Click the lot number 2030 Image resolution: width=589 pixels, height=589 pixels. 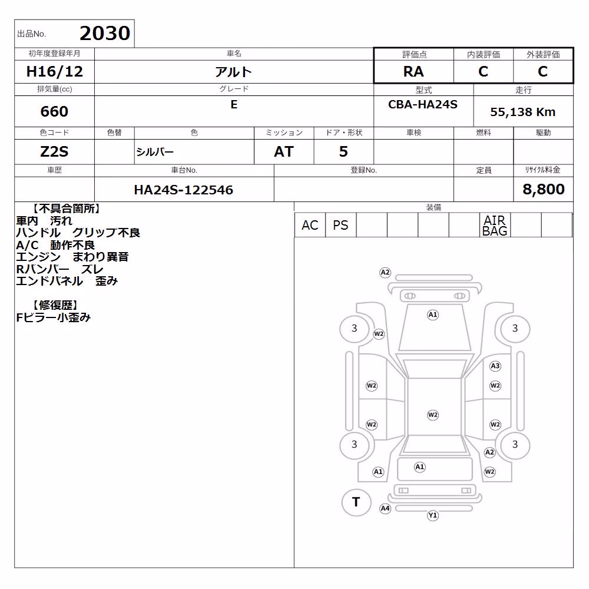pos(105,34)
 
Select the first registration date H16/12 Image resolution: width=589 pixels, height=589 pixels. pos(54,71)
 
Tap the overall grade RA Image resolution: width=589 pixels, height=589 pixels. pos(413,71)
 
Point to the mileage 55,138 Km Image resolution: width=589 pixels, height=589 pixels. pos(522,112)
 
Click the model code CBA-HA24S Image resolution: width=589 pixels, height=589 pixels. pos(422,104)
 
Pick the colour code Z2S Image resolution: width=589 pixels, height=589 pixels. pos(54,152)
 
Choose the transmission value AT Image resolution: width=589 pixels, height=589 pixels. pos(284,152)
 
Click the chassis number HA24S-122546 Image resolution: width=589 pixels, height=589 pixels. pos(183,190)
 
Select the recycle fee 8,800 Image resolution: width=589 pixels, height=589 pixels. pos(543,189)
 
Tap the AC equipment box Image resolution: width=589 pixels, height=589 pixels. pos(310,225)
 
